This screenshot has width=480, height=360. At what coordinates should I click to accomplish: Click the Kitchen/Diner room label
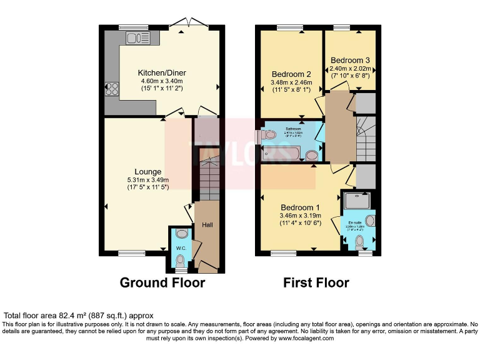162,72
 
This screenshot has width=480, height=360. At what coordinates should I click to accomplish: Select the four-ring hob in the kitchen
112,89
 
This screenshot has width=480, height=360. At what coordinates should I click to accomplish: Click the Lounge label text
147,171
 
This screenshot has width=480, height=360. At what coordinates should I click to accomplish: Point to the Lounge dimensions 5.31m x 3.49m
147,179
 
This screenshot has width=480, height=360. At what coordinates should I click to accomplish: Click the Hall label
207,226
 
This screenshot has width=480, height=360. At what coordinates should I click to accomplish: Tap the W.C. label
181,248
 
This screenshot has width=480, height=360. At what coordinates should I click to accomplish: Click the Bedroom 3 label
351,60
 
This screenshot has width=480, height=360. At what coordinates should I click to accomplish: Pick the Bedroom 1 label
300,207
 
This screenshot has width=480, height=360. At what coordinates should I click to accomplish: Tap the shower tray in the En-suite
358,200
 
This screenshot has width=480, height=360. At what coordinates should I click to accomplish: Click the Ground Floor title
162,282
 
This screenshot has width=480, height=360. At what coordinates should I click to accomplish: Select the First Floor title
316,282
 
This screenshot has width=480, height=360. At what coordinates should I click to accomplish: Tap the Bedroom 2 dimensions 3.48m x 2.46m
290,82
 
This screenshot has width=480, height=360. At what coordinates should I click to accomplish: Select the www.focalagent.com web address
306,338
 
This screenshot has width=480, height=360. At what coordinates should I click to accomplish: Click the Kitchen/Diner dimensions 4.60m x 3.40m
162,81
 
